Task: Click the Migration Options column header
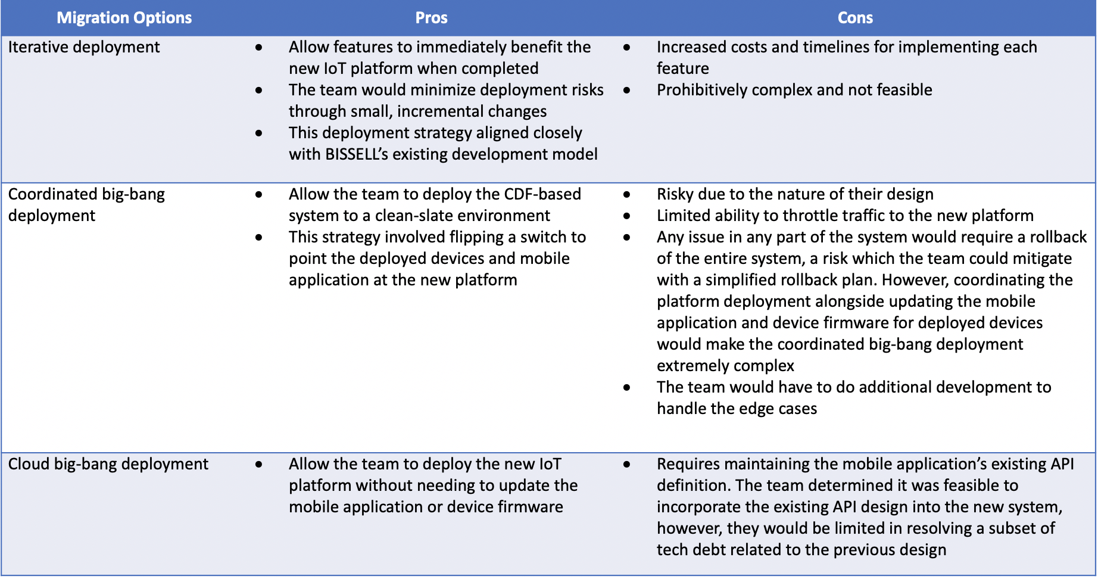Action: click(124, 18)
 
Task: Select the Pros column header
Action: click(431, 18)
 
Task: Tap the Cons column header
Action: click(855, 18)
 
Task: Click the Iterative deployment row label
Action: click(84, 47)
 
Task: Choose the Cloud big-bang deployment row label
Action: click(108, 464)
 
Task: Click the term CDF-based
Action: click(542, 194)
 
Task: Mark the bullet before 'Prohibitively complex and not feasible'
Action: click(627, 91)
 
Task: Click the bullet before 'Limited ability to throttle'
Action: click(627, 216)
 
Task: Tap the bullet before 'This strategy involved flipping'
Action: click(259, 238)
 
